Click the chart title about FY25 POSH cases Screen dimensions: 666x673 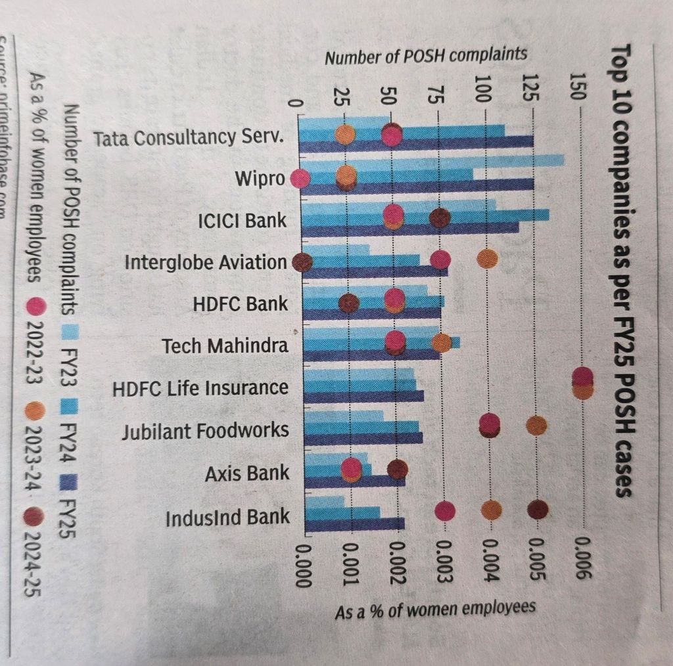622,269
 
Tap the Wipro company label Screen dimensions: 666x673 261,179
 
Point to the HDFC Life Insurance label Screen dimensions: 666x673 200,388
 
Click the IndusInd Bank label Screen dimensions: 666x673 227,517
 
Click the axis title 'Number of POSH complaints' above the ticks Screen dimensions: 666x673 426,56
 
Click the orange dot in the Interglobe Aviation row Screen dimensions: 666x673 487,259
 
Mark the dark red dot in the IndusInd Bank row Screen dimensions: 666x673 537,510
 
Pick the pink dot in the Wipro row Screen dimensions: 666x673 300,178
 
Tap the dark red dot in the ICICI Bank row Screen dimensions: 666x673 439,219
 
